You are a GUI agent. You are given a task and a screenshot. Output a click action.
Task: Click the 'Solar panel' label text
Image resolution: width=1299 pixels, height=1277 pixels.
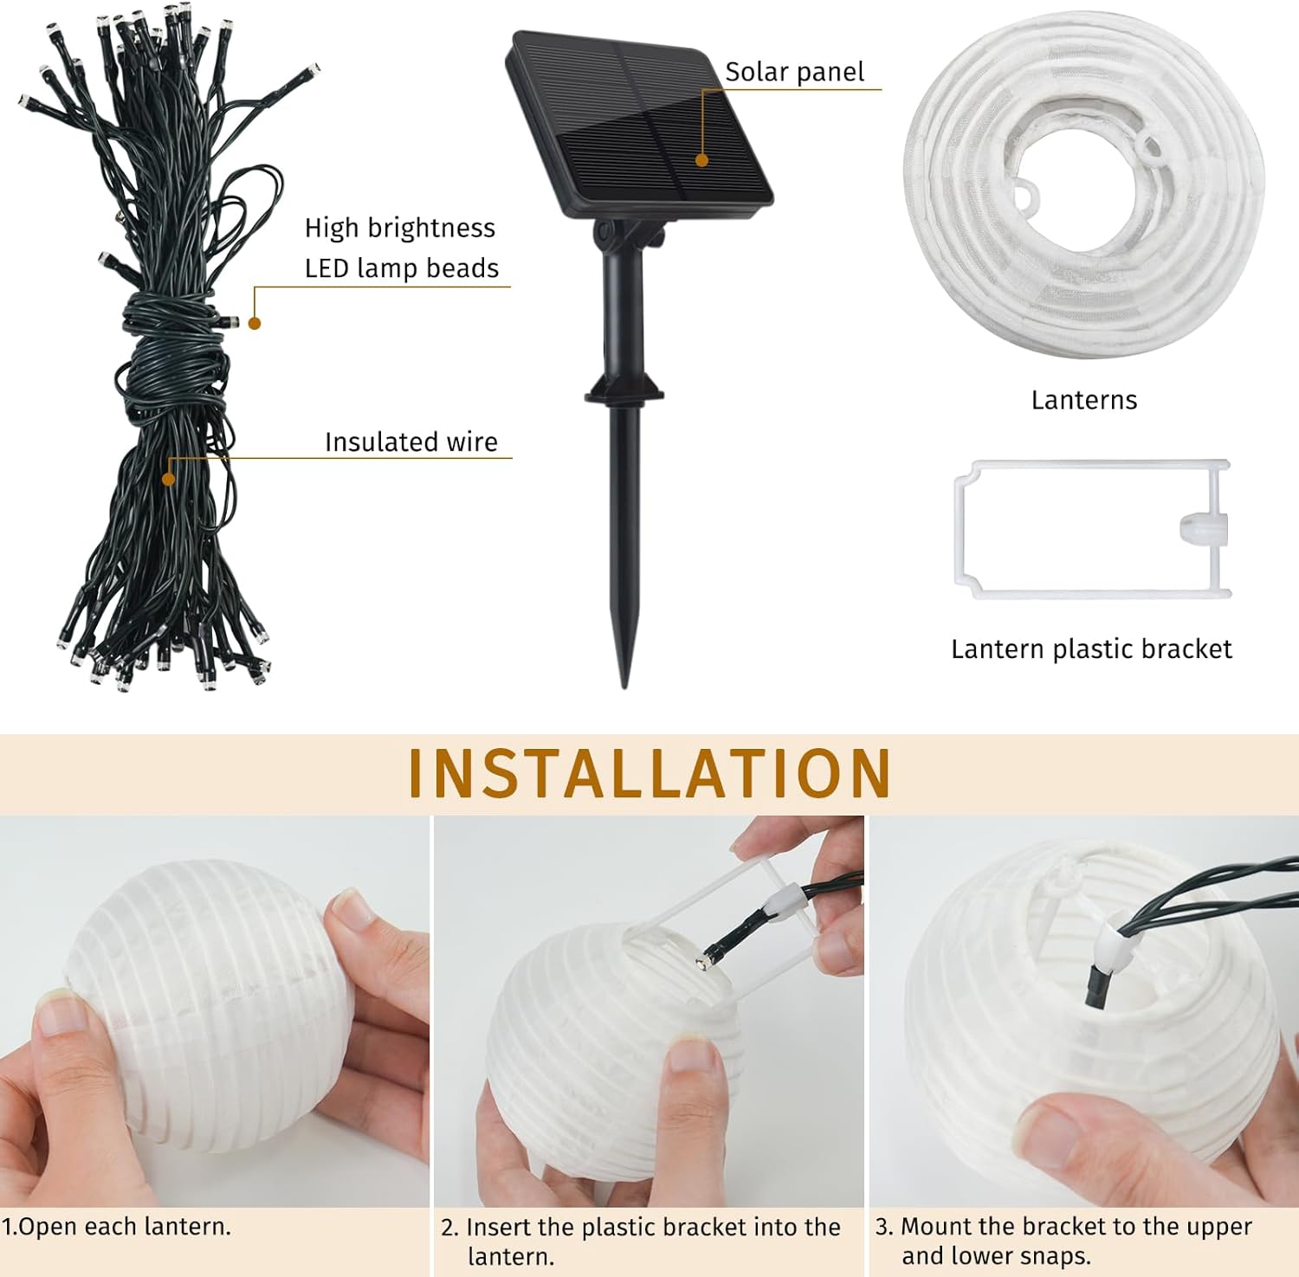click(794, 72)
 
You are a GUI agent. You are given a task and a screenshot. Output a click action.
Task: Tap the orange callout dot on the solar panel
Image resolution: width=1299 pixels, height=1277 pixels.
click(702, 160)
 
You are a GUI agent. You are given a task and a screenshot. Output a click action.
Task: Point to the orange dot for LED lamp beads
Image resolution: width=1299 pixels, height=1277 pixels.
click(255, 323)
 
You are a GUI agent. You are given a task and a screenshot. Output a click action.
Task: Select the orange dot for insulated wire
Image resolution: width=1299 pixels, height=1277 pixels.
click(169, 479)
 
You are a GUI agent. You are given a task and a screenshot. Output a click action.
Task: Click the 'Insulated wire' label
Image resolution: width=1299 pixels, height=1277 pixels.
click(410, 442)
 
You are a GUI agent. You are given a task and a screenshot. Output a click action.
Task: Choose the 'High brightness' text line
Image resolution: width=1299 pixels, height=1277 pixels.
click(399, 228)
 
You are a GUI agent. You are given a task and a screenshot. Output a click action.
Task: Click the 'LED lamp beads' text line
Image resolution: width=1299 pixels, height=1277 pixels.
click(401, 268)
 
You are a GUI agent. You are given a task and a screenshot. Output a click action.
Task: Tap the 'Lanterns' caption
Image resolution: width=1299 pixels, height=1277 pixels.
click(1083, 400)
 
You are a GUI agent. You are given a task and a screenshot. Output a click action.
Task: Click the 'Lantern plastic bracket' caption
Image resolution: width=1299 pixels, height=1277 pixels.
click(1090, 649)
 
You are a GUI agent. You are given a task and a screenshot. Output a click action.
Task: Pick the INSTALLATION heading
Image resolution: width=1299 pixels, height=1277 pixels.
click(649, 773)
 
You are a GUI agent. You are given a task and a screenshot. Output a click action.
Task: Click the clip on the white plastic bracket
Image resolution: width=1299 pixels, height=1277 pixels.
click(1203, 529)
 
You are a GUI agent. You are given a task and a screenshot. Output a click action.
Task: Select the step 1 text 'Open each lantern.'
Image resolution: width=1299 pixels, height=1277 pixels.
click(116, 1227)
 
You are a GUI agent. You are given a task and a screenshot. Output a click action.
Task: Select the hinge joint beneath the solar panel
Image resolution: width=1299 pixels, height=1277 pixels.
click(629, 235)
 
